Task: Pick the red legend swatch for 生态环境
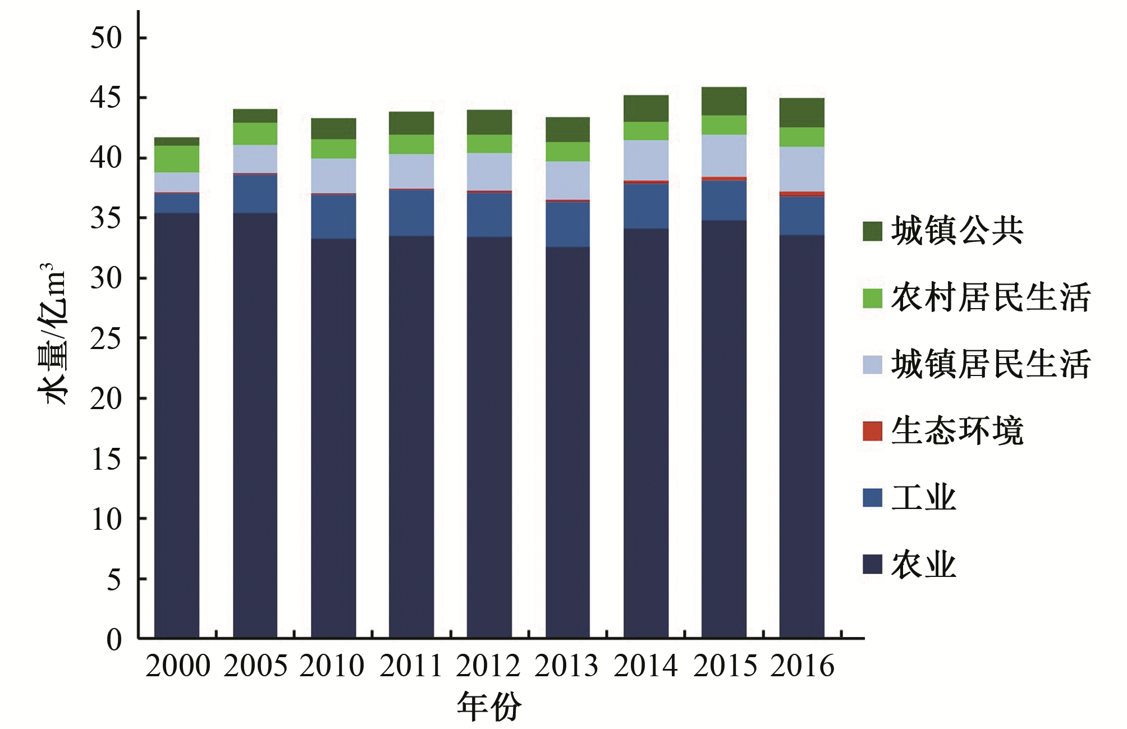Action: pyautogui.click(x=872, y=431)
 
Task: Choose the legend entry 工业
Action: pyautogui.click(x=923, y=498)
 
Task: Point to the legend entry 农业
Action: pyautogui.click(x=923, y=565)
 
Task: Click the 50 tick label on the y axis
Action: pyautogui.click(x=106, y=38)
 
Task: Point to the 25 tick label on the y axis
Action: pyautogui.click(x=106, y=338)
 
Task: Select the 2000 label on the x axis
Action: pyautogui.click(x=177, y=666)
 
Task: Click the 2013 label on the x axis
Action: pyautogui.click(x=567, y=666)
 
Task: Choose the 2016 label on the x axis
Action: pyautogui.click(x=802, y=666)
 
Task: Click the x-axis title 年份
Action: pyautogui.click(x=489, y=706)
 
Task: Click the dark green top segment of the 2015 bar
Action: pyautogui.click(x=723, y=101)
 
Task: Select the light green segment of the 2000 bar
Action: pyautogui.click(x=177, y=159)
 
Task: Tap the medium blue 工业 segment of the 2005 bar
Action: pyautogui.click(x=255, y=194)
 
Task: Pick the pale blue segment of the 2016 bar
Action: pyautogui.click(x=801, y=169)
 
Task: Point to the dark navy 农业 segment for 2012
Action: pyautogui.click(x=489, y=438)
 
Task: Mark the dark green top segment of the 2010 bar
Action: pyautogui.click(x=333, y=129)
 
